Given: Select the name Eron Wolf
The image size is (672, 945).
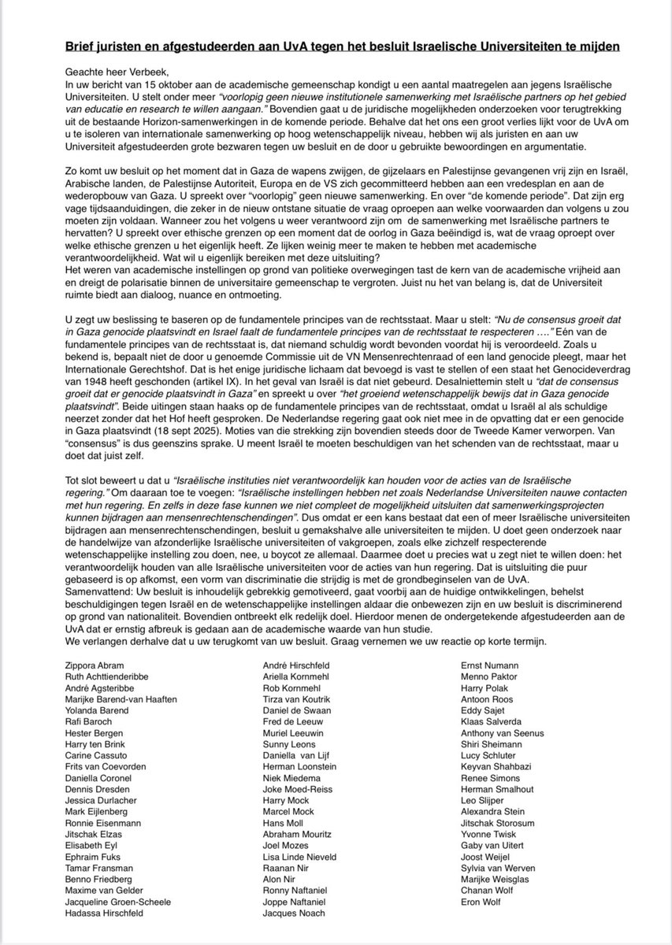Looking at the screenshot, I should [481, 901].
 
